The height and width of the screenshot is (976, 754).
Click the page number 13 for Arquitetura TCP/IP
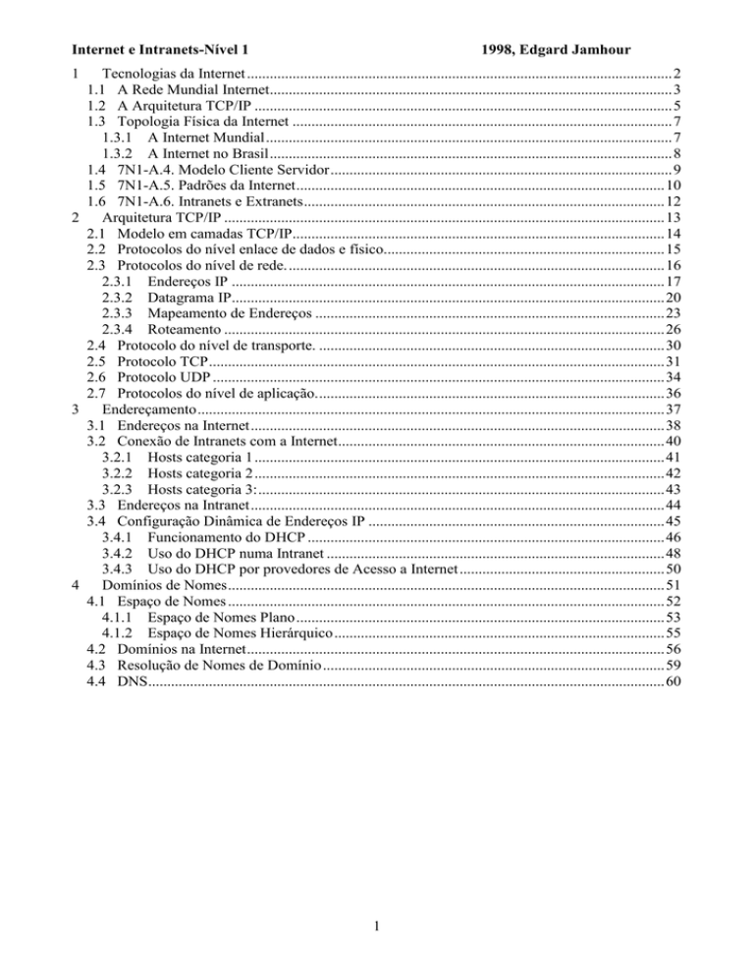pyautogui.click(x=673, y=217)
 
